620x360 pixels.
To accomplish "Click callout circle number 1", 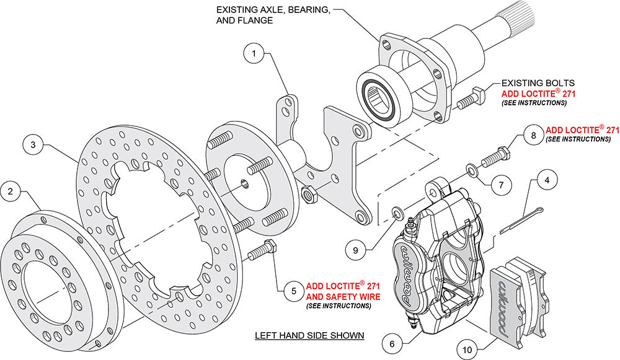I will (x=254, y=54).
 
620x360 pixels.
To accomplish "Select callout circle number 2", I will (x=12, y=192).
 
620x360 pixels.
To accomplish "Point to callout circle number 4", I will (x=546, y=182).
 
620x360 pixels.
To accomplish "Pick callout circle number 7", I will (x=503, y=183).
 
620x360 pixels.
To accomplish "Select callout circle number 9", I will (x=355, y=250).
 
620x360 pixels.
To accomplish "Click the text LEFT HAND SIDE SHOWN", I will (x=309, y=336).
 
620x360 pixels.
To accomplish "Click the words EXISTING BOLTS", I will (x=538, y=82).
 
